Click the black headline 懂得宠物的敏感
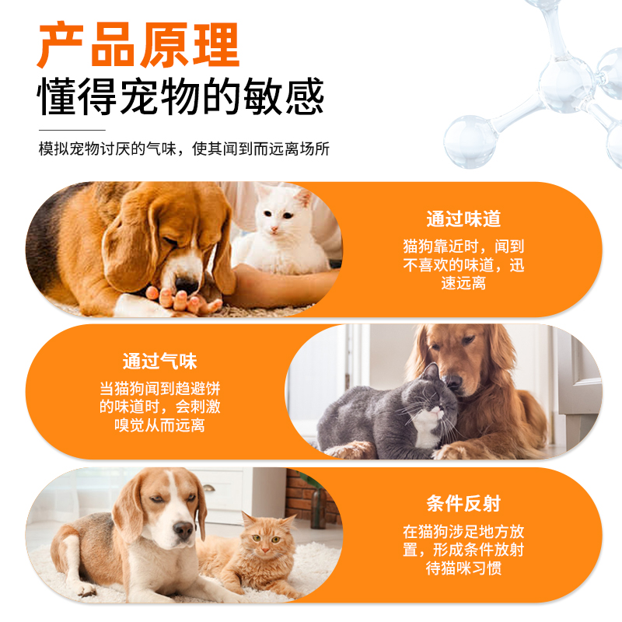point(181,98)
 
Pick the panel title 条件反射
point(463,503)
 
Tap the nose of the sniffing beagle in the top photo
point(187,284)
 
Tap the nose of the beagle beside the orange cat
point(183,531)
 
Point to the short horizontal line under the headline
point(72,130)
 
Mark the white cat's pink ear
point(303,199)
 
